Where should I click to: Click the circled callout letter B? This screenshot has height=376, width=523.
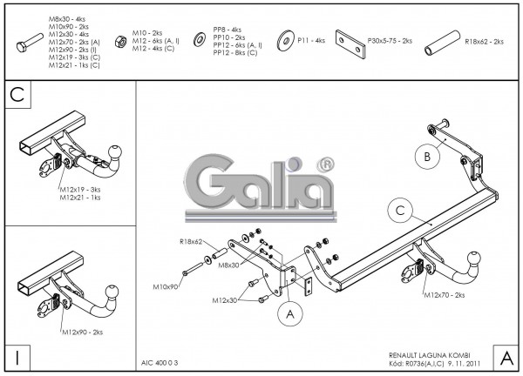[x=427, y=158]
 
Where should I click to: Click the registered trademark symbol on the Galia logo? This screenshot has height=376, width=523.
[x=324, y=164]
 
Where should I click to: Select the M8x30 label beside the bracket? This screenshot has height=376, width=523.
[x=229, y=264]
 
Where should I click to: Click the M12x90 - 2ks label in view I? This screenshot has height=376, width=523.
[x=82, y=332]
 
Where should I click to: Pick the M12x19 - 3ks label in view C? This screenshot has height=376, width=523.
[x=79, y=189]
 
